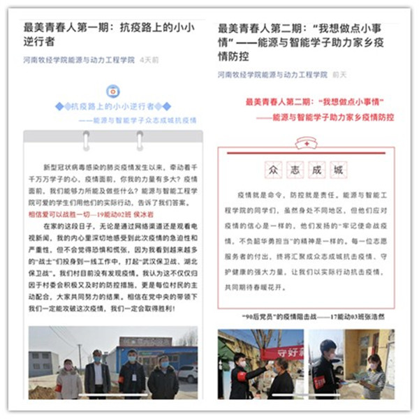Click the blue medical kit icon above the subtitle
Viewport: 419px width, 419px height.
coord(112,91)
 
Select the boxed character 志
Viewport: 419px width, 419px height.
coord(295,170)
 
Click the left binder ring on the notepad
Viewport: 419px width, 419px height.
coord(86,140)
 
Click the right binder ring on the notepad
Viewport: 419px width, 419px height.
coord(140,140)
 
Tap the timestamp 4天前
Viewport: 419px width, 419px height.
coord(149,61)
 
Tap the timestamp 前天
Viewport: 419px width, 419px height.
coord(340,74)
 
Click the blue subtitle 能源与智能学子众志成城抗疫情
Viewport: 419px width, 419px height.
coord(132,119)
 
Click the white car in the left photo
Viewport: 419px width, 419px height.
coord(187,374)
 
